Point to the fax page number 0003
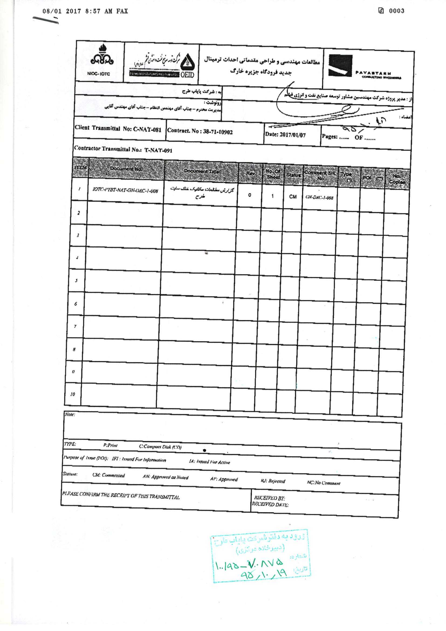point(396,11)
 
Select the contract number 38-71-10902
point(200,131)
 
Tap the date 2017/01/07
point(285,135)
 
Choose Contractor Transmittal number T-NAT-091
point(123,149)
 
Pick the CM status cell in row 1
point(293,196)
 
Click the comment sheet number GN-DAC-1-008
point(319,197)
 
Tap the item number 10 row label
point(73,394)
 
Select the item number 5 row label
point(76,280)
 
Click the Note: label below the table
point(70,414)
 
